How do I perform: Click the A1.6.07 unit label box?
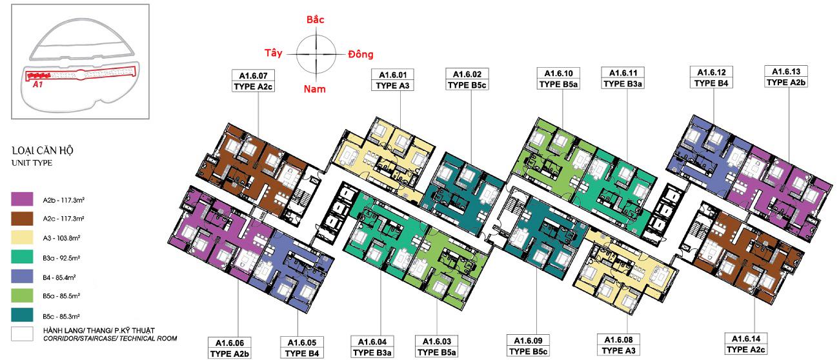(253, 81)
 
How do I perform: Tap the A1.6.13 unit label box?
(786, 77)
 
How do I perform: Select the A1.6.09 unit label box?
(528, 346)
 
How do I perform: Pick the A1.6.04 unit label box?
(372, 347)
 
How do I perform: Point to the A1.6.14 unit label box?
(745, 344)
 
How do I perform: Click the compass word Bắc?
(316, 19)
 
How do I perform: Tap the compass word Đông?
(361, 54)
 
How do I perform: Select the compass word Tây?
(274, 53)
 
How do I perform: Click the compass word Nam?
(315, 89)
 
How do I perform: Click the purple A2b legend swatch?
(22, 199)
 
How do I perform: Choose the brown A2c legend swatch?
(22, 219)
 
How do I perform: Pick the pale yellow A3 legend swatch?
(22, 237)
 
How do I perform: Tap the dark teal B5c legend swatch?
(22, 315)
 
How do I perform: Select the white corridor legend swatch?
(22, 334)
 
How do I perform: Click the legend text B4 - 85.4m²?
(59, 277)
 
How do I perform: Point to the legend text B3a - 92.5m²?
(61, 257)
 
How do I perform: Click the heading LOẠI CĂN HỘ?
(43, 150)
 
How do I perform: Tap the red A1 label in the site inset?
(38, 85)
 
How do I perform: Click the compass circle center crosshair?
(316, 54)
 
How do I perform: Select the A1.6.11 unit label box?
(623, 78)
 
